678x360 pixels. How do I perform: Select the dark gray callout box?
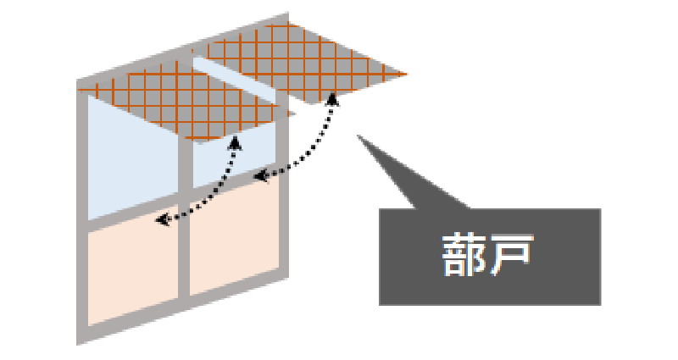[x=490, y=257]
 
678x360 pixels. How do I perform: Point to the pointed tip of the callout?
[x=358, y=136]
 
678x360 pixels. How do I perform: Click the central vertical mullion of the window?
[x=184, y=216]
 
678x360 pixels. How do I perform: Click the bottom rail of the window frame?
[x=182, y=311]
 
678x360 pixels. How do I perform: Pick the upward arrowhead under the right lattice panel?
[x=332, y=99]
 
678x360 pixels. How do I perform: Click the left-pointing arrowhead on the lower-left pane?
[x=162, y=220]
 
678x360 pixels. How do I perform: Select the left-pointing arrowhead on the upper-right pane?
[x=260, y=176]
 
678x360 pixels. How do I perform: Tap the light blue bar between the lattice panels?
[x=234, y=80]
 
